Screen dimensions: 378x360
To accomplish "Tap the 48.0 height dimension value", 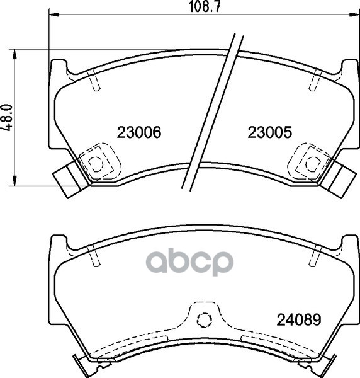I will click(x=8, y=117).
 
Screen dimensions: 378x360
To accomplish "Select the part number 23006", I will click(x=140, y=132).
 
